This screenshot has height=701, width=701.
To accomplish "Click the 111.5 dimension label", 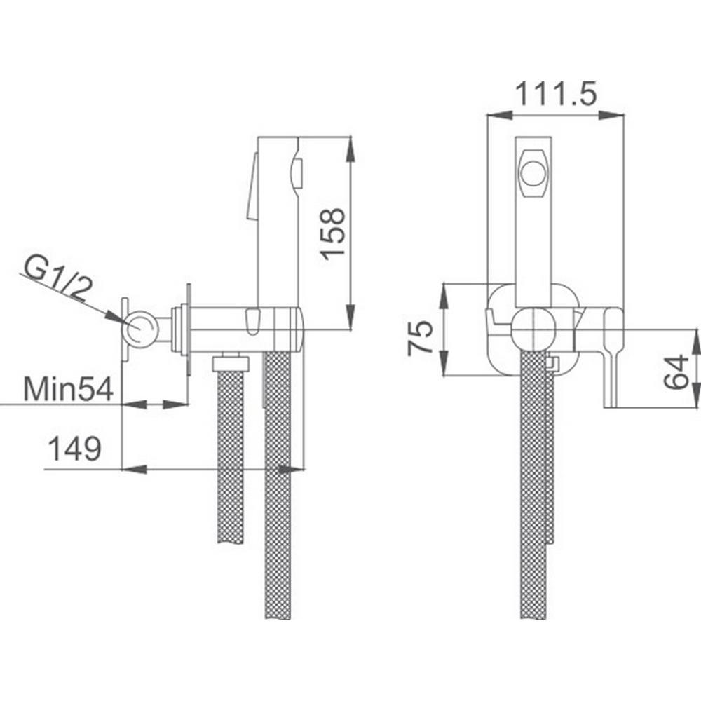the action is pos(556,95).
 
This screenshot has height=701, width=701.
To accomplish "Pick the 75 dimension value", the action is pos(420,337).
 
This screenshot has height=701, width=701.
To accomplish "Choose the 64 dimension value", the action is pos(676,372).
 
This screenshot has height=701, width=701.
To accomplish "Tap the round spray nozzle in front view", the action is pos(533,172).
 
